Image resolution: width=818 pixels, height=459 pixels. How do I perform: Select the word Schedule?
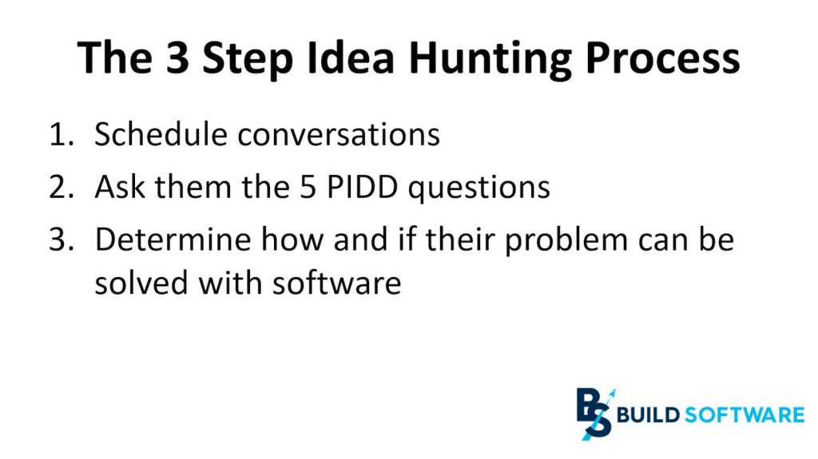tap(162, 135)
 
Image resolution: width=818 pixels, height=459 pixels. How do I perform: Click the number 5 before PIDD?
tap(311, 188)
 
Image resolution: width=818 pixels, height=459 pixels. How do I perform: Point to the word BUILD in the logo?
tap(649, 414)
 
